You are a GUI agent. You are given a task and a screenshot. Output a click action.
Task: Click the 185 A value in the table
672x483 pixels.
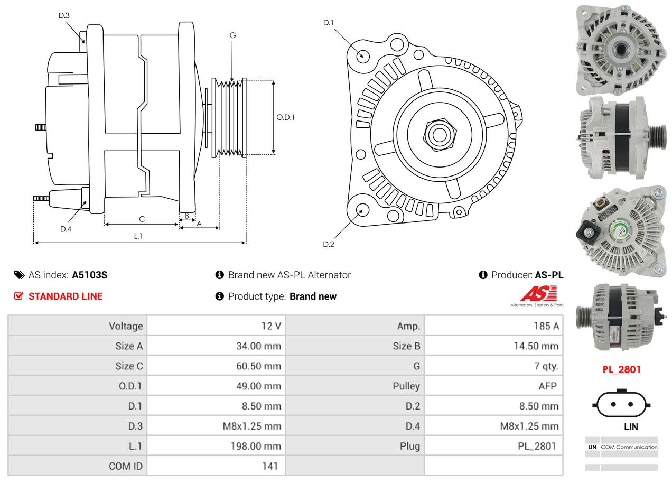click(546, 326)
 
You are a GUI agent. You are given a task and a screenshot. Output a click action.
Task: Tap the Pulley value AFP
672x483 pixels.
click(547, 386)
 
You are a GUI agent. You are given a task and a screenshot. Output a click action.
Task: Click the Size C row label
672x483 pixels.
click(129, 366)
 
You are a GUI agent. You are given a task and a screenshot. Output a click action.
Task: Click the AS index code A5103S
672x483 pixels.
click(90, 275)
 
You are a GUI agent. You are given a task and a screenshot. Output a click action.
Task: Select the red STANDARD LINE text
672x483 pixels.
click(66, 296)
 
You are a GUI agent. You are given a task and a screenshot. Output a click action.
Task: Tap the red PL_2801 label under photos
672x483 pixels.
click(621, 369)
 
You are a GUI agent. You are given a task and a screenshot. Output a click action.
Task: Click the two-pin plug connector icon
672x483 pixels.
click(621, 405)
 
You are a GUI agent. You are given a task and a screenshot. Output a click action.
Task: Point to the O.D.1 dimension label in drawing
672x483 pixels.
click(285, 117)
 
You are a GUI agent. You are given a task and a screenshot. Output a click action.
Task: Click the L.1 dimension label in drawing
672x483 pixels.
click(138, 236)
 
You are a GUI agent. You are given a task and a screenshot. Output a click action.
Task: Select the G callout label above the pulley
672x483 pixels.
click(232, 36)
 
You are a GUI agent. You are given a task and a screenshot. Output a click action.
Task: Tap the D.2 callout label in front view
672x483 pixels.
click(329, 244)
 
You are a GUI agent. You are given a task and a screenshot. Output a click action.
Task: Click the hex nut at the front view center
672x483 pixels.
click(438, 134)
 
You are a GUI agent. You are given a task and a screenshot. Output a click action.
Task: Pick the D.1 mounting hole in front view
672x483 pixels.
click(362, 55)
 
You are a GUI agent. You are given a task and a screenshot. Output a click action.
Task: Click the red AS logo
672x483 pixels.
click(538, 293)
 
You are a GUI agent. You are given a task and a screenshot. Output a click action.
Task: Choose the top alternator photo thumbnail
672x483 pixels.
click(620, 49)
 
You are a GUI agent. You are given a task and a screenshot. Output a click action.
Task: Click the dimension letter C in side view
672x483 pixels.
click(142, 219)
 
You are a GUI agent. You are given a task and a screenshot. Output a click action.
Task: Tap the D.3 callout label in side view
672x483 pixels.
click(64, 15)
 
